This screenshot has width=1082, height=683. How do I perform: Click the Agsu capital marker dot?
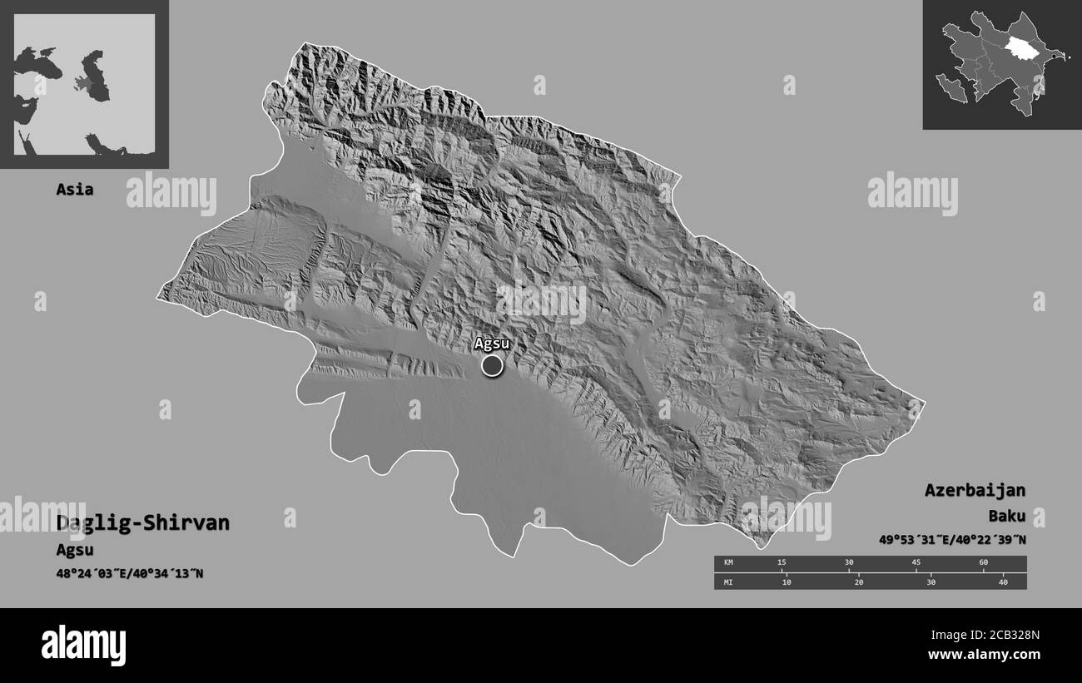[492, 365]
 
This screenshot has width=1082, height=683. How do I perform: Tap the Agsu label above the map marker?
[491, 344]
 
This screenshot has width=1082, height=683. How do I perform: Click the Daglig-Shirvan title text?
[143, 523]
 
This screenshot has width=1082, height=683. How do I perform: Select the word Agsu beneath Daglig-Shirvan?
[75, 550]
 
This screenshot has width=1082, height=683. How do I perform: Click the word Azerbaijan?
[975, 490]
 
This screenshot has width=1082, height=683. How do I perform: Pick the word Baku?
[1006, 516]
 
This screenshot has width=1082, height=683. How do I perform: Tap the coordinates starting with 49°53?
[952, 540]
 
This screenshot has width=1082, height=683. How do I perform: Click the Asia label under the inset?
[75, 189]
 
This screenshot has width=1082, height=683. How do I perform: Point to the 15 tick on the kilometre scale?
[782, 563]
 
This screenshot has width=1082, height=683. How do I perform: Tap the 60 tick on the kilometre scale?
[983, 563]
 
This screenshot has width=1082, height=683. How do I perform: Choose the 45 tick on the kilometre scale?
[916, 563]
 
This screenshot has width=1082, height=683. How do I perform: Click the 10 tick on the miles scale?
[787, 582]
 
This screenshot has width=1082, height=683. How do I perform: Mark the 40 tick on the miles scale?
[1003, 582]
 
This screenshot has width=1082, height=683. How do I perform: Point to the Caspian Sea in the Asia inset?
[97, 77]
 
